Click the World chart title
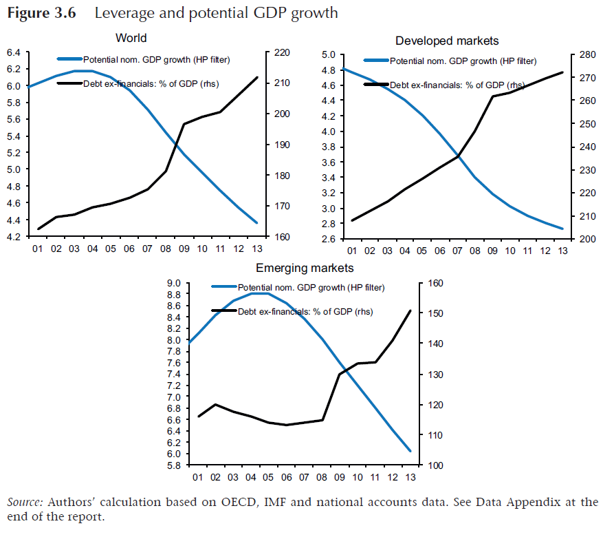click(x=131, y=38)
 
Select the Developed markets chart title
click(x=447, y=41)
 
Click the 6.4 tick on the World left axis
click(x=14, y=52)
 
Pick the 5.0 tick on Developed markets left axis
click(x=327, y=55)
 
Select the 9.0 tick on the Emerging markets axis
click(x=174, y=283)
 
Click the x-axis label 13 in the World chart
click(x=256, y=248)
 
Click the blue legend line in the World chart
click(x=69, y=60)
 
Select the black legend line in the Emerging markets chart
click(x=223, y=312)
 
